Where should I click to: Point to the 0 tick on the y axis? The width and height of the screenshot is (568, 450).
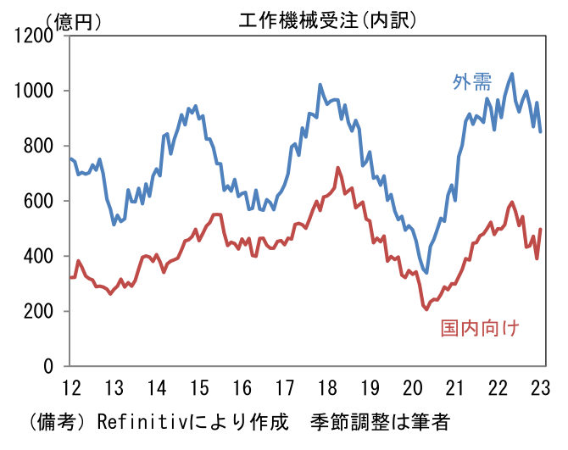pos(51,366)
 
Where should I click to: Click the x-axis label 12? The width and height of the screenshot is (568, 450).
pos(71,389)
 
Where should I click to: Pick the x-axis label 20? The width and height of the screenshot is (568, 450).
pos(412,389)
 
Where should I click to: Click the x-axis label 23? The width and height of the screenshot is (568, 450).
pos(540,389)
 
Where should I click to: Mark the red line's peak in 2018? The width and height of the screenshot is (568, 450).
pos(337,168)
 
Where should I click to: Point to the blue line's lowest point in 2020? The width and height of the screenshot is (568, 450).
pos(426,273)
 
